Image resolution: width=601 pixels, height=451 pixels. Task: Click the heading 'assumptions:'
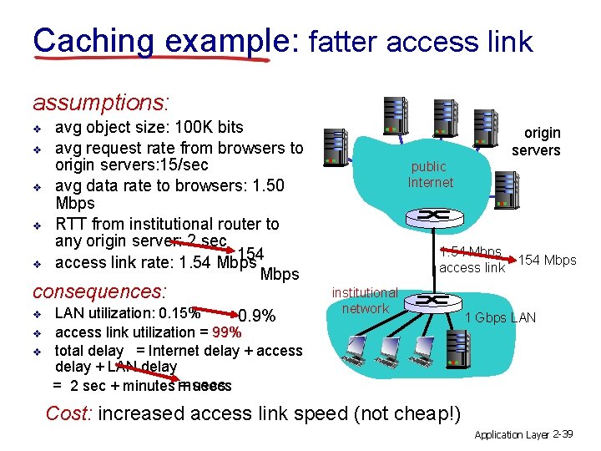tap(101, 103)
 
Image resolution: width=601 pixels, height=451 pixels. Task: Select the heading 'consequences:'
tap(99, 292)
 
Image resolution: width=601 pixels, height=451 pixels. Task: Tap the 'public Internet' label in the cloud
tap(430, 175)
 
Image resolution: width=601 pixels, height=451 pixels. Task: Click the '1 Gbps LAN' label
tap(500, 317)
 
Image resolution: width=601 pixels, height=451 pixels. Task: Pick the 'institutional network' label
tap(365, 301)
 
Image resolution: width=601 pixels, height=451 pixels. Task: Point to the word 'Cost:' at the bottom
tap(69, 413)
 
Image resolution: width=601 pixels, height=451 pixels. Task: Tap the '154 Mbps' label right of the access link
tap(547, 260)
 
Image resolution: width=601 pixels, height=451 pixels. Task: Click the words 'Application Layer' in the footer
tap(510, 435)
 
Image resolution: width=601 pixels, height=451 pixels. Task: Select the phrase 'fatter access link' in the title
tap(420, 41)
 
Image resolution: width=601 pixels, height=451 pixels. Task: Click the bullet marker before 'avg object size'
tap(38, 129)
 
